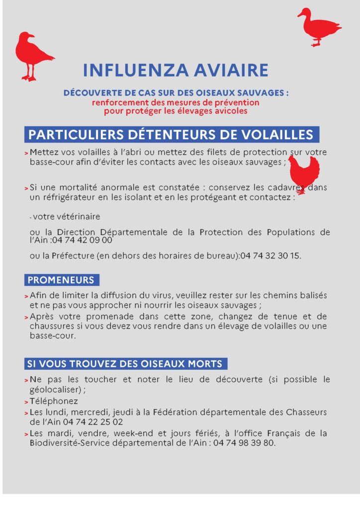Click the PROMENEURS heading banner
(61, 280)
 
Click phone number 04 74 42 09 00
(82, 240)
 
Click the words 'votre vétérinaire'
(66, 217)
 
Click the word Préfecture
(74, 256)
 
